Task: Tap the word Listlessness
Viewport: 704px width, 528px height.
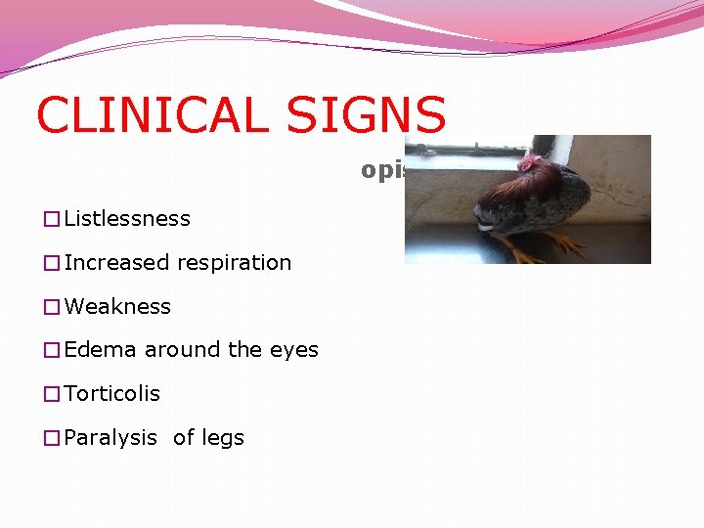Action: click(127, 219)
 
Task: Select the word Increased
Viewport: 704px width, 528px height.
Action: click(111, 263)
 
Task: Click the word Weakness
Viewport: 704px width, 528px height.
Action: click(117, 307)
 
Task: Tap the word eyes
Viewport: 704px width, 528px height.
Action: click(296, 351)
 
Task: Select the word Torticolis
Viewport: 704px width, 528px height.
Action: click(112, 394)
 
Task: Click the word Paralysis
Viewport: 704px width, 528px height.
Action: click(110, 438)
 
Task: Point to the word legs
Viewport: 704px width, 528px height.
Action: click(223, 438)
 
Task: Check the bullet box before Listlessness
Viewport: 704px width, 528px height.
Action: click(52, 219)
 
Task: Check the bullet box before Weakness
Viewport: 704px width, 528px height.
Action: click(52, 307)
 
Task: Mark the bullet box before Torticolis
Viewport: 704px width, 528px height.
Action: click(52, 394)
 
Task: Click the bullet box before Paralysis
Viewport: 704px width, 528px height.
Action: click(52, 438)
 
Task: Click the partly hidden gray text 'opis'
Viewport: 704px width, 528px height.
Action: click(382, 170)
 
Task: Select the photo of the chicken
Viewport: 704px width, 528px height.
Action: click(528, 199)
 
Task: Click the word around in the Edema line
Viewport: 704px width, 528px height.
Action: click(178, 350)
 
